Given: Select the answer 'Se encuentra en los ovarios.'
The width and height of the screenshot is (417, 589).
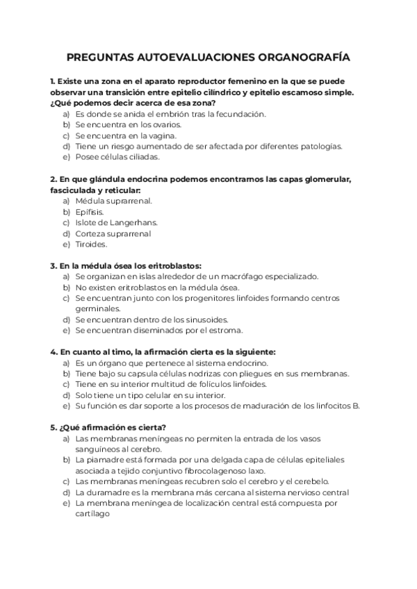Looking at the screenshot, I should (x=129, y=124).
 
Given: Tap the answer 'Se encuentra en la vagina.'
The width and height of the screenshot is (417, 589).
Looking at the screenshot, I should (x=124, y=135).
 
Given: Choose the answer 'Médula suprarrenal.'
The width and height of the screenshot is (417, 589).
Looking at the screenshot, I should (x=113, y=201).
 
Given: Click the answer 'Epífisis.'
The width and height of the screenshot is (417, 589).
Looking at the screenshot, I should (x=90, y=211).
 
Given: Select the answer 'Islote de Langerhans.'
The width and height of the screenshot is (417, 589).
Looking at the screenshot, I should (x=116, y=222).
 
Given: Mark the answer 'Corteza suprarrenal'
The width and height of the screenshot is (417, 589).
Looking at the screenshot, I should (x=113, y=233).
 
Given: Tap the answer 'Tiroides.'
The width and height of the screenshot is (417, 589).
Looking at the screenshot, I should (x=91, y=244).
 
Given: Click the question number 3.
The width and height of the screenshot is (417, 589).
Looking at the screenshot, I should (x=54, y=265).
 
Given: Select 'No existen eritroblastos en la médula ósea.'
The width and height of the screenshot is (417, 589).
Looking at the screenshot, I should (x=157, y=287).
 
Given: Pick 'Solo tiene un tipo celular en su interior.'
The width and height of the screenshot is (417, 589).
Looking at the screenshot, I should (x=150, y=395).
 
